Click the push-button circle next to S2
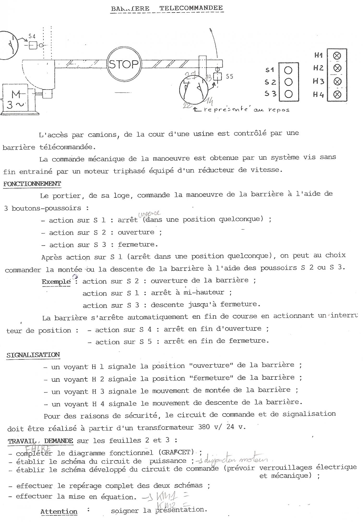[x=288, y=82]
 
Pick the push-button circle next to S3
[x=288, y=94]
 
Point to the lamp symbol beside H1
[x=337, y=56]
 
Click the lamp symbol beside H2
[x=337, y=68]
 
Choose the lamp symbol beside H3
[x=337, y=81]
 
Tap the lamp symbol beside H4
[x=337, y=94]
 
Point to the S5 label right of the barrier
[x=229, y=77]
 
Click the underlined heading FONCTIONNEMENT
[x=32, y=184]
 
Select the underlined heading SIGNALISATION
[x=33, y=355]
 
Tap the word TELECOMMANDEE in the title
[x=191, y=8]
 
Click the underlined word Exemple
[x=56, y=282]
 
